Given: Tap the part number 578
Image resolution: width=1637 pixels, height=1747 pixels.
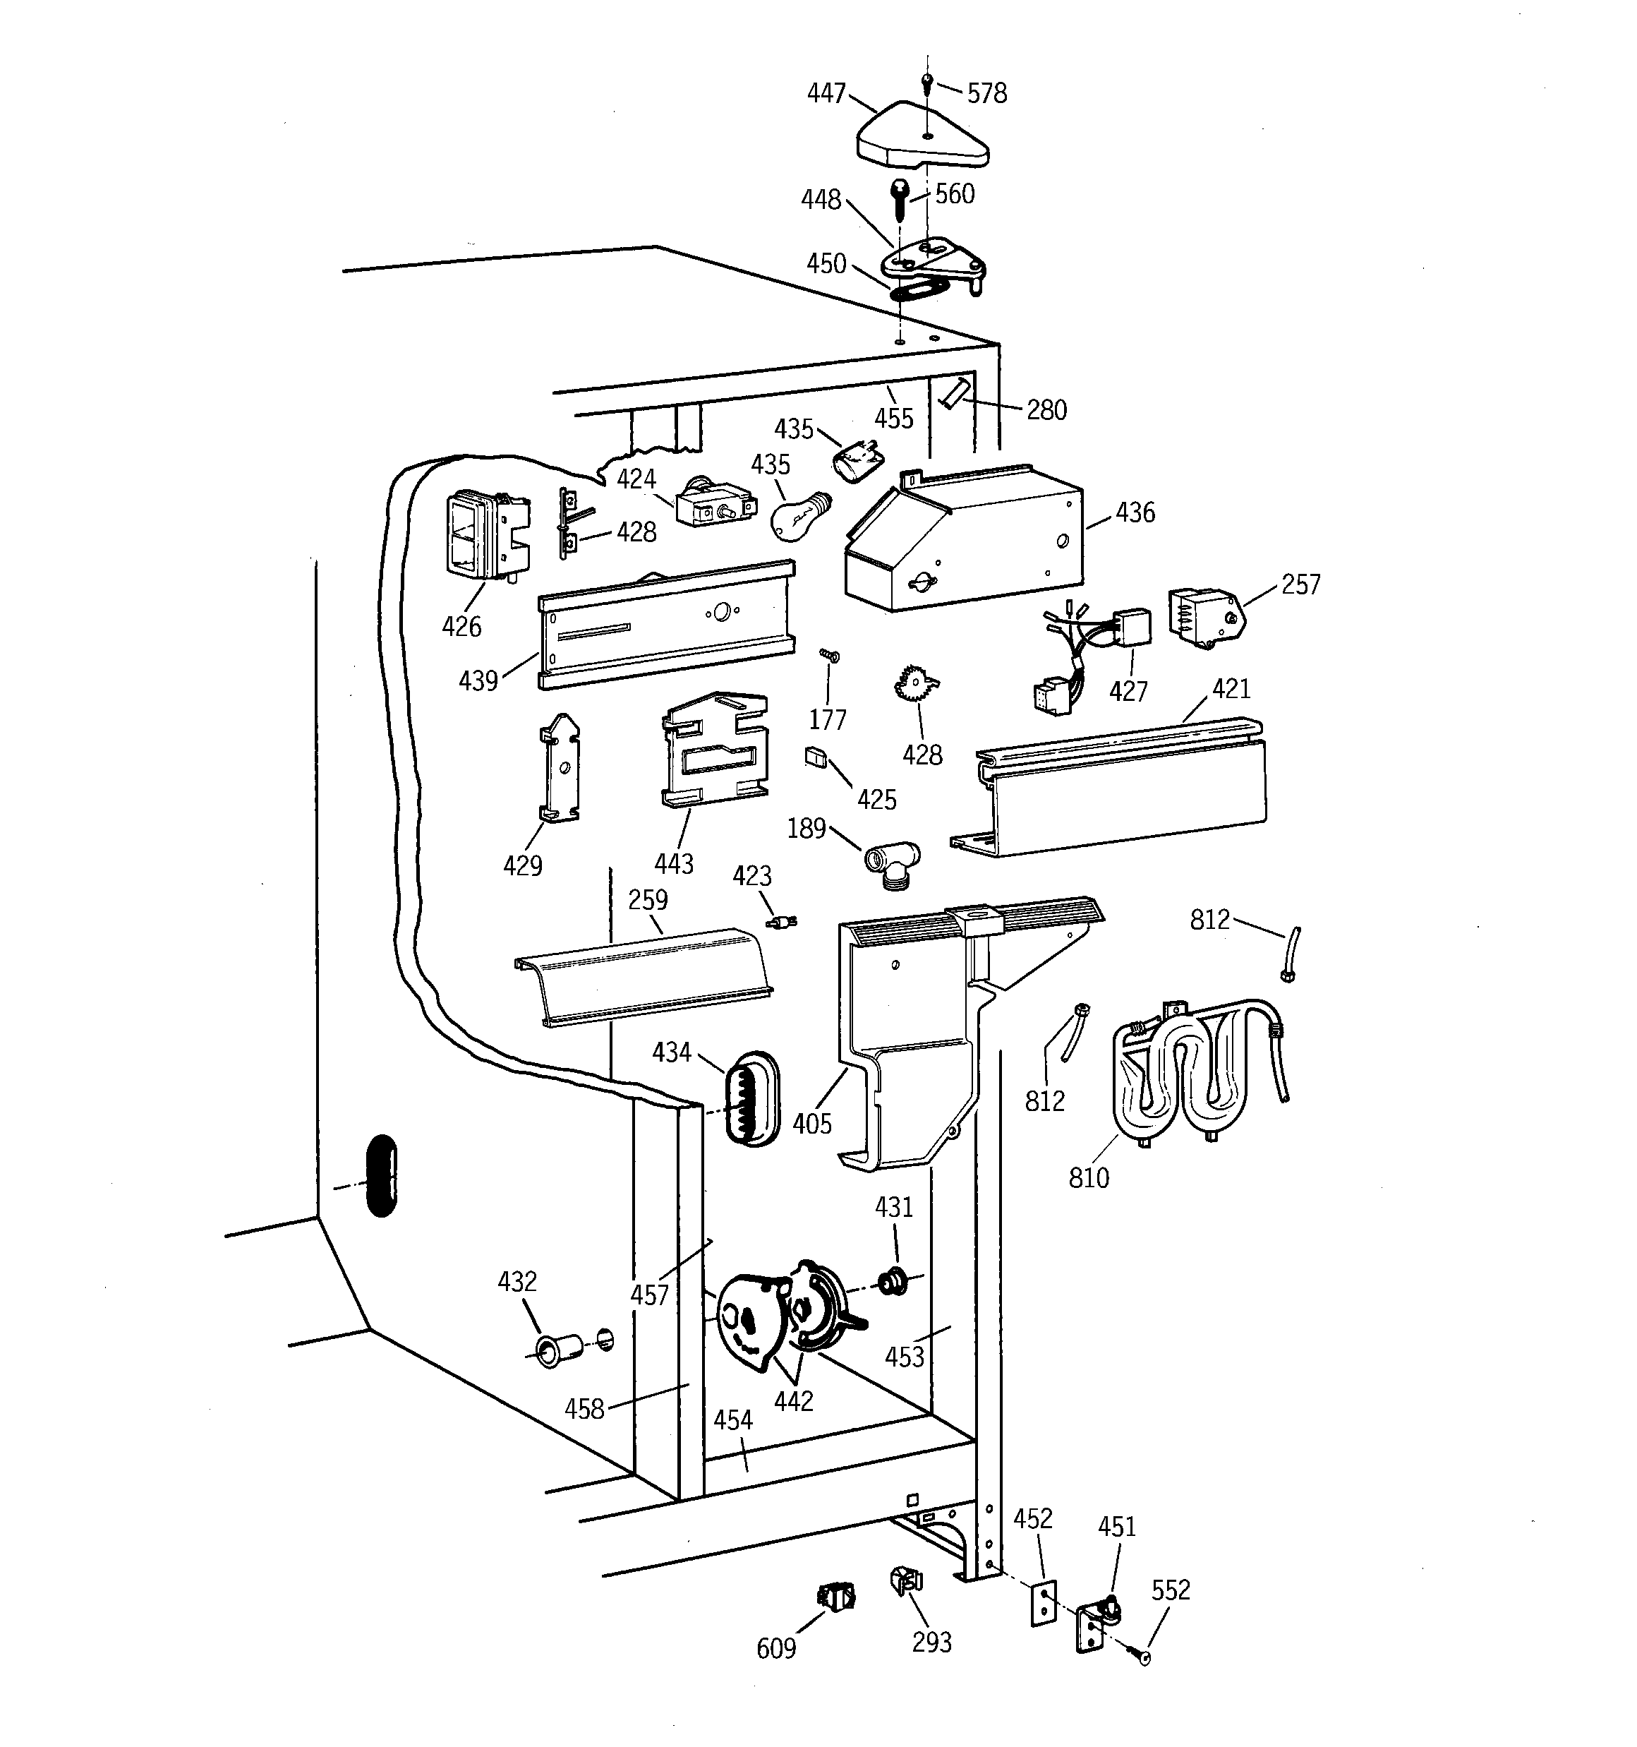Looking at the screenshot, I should click(986, 93).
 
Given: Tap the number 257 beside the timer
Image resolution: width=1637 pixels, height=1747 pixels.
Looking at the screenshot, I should click(1300, 584).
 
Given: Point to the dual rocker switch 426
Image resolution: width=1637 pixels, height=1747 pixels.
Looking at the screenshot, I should click(485, 535).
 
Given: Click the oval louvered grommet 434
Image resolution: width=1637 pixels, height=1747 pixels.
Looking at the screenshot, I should click(749, 1098).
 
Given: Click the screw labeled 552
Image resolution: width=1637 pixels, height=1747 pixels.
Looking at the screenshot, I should click(1142, 1657).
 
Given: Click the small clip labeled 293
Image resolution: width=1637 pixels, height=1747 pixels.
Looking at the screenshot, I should click(907, 1582).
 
